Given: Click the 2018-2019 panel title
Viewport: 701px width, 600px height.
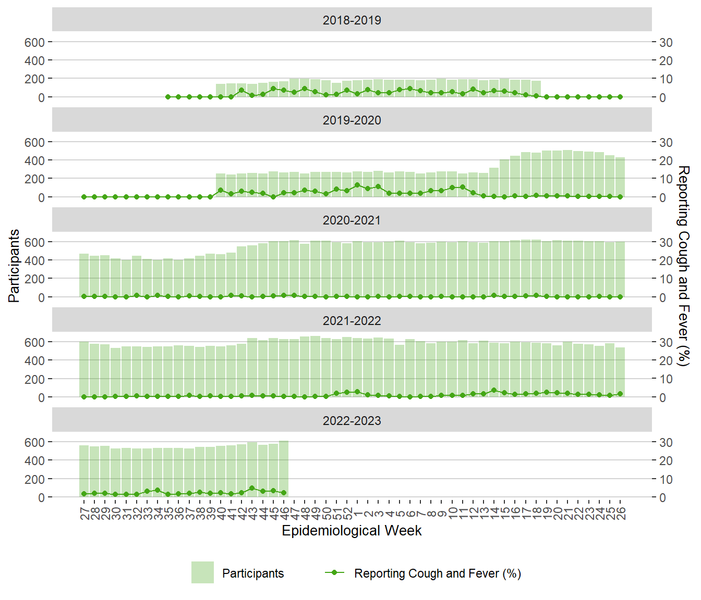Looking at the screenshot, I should [x=352, y=20].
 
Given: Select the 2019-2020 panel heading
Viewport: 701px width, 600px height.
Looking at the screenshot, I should [x=352, y=120].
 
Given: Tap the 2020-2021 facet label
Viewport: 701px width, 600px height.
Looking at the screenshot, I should [x=352, y=220].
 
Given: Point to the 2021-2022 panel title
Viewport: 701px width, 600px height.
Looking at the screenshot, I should [x=352, y=320].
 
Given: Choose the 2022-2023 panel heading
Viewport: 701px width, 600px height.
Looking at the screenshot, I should [x=352, y=420].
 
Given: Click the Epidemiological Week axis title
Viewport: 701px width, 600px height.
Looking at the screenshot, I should [x=352, y=530].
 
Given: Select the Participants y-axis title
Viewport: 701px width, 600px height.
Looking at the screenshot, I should [x=14, y=266].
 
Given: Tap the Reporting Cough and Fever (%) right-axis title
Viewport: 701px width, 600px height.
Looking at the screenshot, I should [x=683, y=266].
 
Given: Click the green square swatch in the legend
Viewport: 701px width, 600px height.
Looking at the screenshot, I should [x=202, y=572].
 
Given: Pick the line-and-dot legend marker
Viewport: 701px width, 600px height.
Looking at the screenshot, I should [x=334, y=572].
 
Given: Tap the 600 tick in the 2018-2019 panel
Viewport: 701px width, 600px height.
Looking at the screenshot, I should [x=34, y=42].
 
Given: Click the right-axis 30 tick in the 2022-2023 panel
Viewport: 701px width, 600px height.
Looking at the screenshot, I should [x=666, y=442].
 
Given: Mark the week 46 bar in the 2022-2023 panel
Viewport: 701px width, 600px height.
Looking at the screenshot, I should [x=284, y=469].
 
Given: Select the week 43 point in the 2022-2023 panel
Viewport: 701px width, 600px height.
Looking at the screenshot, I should [x=252, y=489].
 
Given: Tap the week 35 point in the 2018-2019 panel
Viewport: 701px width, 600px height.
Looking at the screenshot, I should [x=168, y=97].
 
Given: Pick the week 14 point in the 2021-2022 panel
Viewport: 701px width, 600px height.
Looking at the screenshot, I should [x=494, y=390].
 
